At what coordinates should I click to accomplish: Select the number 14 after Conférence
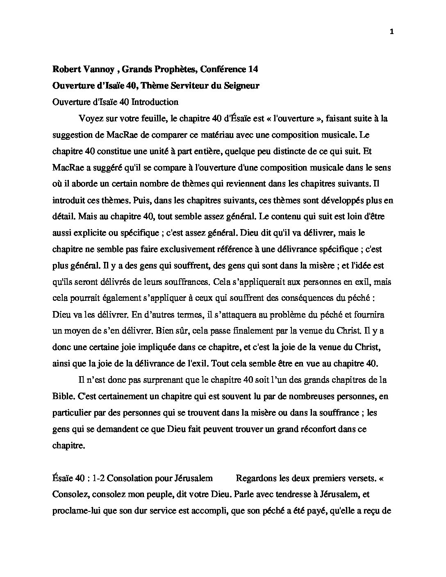pyautogui.click(x=253, y=69)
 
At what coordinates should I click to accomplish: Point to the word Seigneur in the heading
pyautogui.click(x=242, y=86)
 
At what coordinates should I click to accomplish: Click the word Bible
pyautogui.click(x=62, y=396)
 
